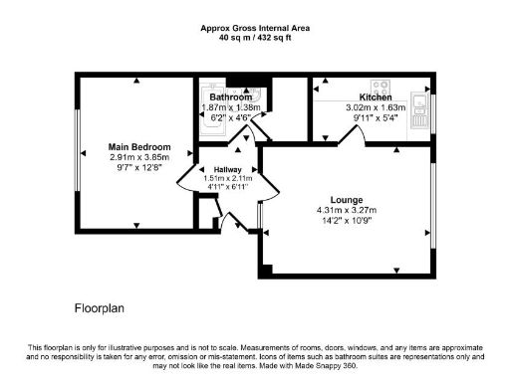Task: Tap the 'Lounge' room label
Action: coord(346,200)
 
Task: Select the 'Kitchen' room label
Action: coord(375,97)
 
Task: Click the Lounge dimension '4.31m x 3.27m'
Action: coord(346,211)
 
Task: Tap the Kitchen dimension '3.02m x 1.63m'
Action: coord(375,107)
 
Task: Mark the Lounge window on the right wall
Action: coord(433,209)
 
